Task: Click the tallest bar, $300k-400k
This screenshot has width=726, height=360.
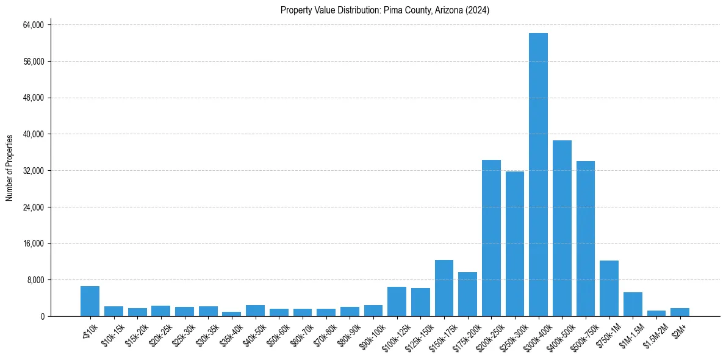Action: pos(538,175)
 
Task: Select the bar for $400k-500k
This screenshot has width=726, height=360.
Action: pos(562,228)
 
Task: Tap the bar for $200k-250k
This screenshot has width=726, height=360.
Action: pos(491,238)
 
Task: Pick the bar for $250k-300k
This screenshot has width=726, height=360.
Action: pos(515,244)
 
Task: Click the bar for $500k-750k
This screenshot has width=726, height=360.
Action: pos(586,239)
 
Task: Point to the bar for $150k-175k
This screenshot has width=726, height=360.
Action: pos(444,288)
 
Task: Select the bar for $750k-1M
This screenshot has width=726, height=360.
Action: pos(609,289)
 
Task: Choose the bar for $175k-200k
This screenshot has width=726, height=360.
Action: pos(467,294)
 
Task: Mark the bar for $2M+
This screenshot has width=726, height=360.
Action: pos(680,312)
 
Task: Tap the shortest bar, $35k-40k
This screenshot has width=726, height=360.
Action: pos(231,314)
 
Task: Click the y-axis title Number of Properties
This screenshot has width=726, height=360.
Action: pos(9,168)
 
